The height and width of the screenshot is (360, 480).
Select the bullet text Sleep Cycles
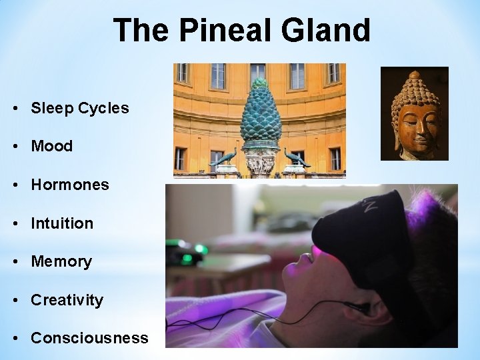tap(80, 108)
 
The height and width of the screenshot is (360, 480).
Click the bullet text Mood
tap(52, 146)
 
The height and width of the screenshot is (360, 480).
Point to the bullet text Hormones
tap(70, 185)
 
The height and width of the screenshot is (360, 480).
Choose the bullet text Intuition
tap(62, 223)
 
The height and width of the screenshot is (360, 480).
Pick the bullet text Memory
tap(61, 261)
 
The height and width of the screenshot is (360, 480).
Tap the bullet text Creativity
tap(67, 300)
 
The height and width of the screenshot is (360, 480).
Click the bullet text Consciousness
tap(89, 338)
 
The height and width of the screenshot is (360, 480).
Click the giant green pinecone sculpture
tap(260, 113)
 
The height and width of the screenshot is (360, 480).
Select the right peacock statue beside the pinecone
tap(297, 157)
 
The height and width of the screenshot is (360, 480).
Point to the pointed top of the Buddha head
tap(414, 74)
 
